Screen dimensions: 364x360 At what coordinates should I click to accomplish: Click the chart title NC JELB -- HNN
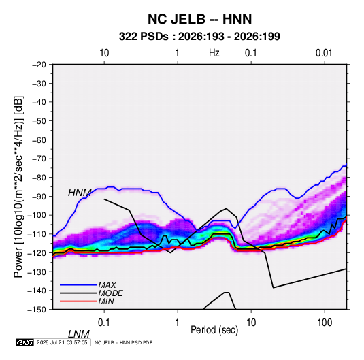[x=199, y=19]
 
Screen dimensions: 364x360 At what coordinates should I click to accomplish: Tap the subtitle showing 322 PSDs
[x=199, y=37]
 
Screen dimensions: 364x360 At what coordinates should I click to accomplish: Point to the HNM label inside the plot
[x=80, y=193]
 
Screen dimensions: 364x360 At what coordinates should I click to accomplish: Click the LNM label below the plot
[x=79, y=334]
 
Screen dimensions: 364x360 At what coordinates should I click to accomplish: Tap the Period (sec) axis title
[x=214, y=330]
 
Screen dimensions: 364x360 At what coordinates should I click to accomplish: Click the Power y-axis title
[x=18, y=187]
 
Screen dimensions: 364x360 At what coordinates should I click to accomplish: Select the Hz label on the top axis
[x=214, y=53]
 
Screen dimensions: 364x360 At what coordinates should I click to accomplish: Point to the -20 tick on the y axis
[x=39, y=65]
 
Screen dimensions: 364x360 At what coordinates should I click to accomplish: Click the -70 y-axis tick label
[x=39, y=159]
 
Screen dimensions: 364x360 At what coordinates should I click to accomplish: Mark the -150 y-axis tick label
[x=37, y=310]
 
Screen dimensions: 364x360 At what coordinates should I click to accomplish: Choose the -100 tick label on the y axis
[x=37, y=215]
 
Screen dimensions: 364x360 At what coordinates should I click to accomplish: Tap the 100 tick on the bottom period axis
[x=325, y=323]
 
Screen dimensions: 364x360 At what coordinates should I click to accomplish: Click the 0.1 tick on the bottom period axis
[x=103, y=323]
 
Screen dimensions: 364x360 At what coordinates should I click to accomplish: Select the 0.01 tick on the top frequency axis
[x=324, y=53]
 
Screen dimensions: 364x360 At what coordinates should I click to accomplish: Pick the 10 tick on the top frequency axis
[x=104, y=53]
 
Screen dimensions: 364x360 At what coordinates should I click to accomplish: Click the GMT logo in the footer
[x=25, y=342]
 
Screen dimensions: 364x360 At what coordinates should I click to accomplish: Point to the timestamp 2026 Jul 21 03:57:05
[x=62, y=342]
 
